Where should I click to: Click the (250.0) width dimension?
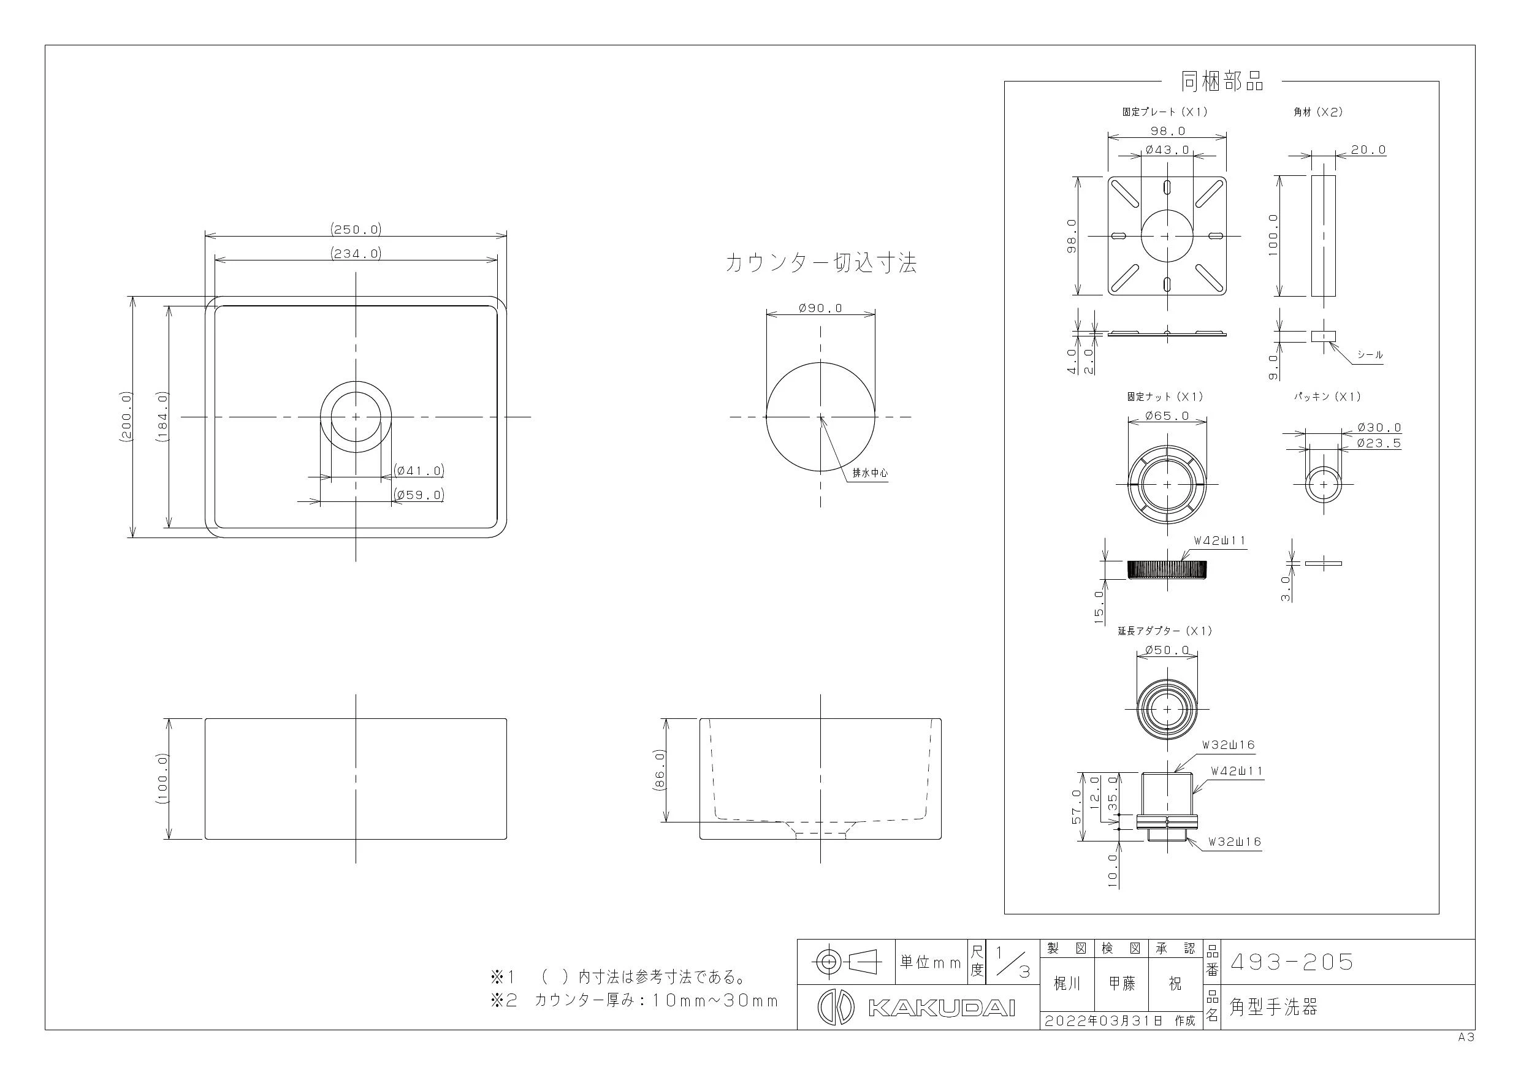(356, 229)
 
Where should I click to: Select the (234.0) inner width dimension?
(356, 253)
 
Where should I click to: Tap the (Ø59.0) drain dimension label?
(419, 494)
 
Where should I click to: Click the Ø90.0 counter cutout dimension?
(821, 308)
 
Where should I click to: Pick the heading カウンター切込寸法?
(821, 264)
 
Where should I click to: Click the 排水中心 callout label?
(870, 473)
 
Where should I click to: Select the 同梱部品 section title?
(1222, 81)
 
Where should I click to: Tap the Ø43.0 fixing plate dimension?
(1167, 150)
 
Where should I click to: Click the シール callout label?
(1370, 354)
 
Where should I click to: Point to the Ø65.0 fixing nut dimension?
(1167, 416)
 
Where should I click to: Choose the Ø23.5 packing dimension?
(1379, 443)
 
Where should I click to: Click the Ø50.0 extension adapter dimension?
(1167, 650)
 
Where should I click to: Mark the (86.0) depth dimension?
(659, 770)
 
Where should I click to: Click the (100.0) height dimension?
(162, 778)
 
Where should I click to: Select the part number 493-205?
(1291, 961)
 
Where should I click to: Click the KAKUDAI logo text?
(941, 1008)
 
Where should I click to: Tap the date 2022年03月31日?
(1104, 1020)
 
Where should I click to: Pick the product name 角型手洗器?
(1273, 1007)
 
